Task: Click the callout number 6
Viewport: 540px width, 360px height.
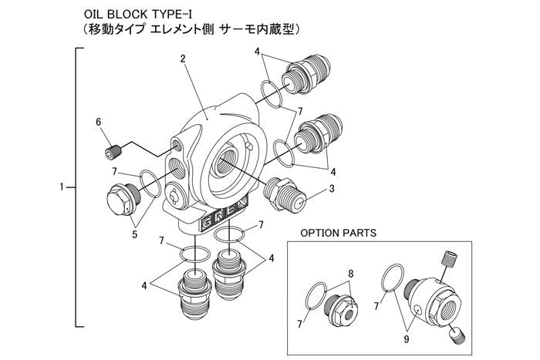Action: [98, 122]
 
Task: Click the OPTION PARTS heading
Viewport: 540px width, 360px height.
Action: [338, 231]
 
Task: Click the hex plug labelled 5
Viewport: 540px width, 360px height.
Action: [120, 199]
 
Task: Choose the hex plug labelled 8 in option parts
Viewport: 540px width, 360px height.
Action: [340, 309]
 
